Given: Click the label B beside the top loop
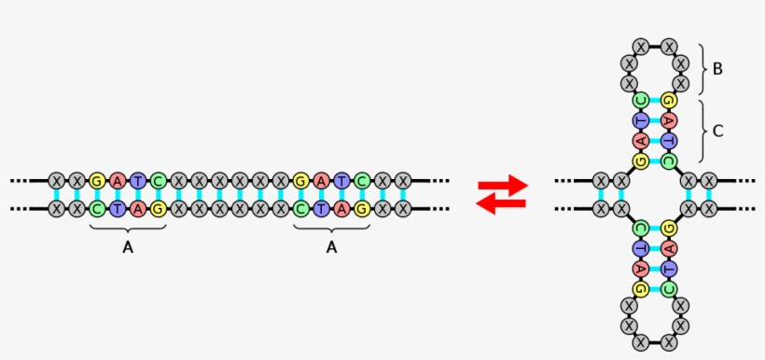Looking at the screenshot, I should tap(717, 69).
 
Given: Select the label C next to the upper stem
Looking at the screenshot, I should tap(717, 131).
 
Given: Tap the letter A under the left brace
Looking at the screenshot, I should tap(128, 247).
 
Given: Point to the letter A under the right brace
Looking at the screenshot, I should tap(331, 247).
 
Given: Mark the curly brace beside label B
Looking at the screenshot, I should tap(702, 69).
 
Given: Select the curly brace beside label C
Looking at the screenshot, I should tap(702, 131).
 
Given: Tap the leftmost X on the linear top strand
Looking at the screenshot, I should tap(56, 180).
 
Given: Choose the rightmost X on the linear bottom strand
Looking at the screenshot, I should tap(403, 209).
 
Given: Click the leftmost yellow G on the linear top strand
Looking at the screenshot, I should tap(96, 180).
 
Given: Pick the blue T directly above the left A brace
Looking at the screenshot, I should tap(117, 209).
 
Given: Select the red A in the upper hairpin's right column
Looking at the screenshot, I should tap(669, 120).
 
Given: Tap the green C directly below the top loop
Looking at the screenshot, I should tap(641, 100).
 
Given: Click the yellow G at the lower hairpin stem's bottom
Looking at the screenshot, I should tap(641, 289).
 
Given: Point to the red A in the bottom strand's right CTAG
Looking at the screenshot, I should tap(341, 209).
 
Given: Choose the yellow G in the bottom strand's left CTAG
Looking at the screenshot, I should tap(159, 209).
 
